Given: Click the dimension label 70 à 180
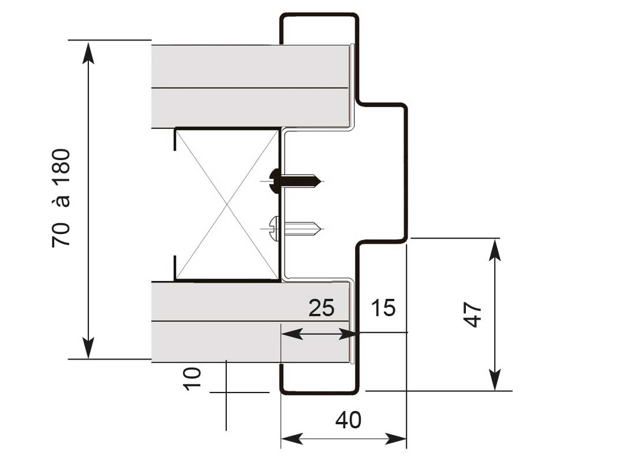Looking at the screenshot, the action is click(x=61, y=198).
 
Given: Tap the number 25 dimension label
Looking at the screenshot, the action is click(x=322, y=308).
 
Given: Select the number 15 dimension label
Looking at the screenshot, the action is click(x=383, y=308).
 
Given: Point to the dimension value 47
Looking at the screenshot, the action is click(x=472, y=314).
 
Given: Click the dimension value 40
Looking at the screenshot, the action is click(x=348, y=420).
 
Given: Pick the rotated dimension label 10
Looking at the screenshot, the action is click(x=192, y=379).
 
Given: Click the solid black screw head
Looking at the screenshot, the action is click(x=275, y=180).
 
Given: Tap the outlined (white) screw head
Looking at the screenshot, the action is click(x=275, y=229).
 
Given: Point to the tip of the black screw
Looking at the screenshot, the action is click(x=322, y=182).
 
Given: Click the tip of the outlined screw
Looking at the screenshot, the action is click(x=322, y=229).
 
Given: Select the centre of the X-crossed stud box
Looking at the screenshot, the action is click(x=227, y=205).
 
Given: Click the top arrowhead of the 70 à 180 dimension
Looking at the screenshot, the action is click(x=88, y=52).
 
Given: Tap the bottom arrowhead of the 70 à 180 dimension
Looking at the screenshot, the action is click(x=88, y=347).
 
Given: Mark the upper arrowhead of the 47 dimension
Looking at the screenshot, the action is click(x=495, y=250).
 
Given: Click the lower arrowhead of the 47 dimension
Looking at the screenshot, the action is click(x=495, y=379).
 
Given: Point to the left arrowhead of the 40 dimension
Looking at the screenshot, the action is click(x=292, y=439).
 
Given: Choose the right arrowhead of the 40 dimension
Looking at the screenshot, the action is click(x=395, y=439).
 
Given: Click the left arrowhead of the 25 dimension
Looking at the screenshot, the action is click(x=292, y=335).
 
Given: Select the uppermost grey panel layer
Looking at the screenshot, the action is click(x=251, y=66).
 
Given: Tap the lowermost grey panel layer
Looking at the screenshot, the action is click(x=251, y=342).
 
